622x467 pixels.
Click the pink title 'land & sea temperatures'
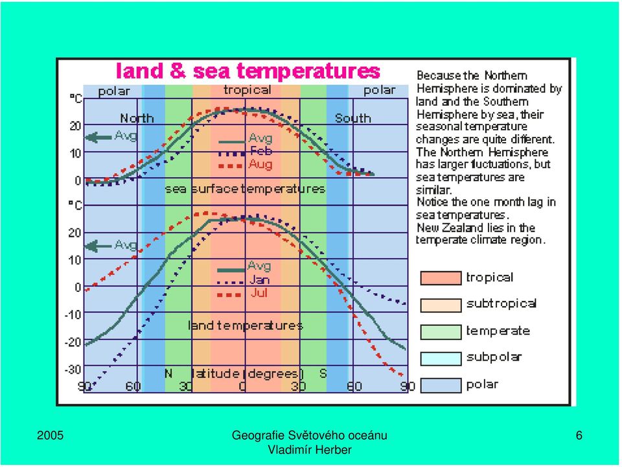(x=248, y=71)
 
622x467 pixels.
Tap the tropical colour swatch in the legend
(x=441, y=278)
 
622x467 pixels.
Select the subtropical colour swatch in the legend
(x=441, y=305)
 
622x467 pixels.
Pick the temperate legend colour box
(x=441, y=332)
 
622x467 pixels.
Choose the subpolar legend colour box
(x=441, y=359)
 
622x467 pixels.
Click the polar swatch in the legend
(x=441, y=385)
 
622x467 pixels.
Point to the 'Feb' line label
(x=261, y=151)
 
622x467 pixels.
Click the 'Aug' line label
(x=260, y=164)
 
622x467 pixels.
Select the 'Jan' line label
(x=260, y=280)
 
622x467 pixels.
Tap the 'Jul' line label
(x=259, y=293)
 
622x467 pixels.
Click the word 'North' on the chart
(x=137, y=118)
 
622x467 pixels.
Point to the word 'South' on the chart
(x=352, y=118)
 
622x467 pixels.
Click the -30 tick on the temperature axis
(x=73, y=370)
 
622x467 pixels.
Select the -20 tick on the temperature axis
(x=73, y=342)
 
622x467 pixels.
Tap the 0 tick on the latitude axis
(x=242, y=387)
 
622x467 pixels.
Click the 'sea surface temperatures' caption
(x=245, y=189)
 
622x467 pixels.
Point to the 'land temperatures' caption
(x=245, y=326)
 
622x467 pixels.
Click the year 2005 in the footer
(x=50, y=436)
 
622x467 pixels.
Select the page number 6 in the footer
(x=579, y=436)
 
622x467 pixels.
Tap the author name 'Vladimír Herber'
(x=310, y=450)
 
